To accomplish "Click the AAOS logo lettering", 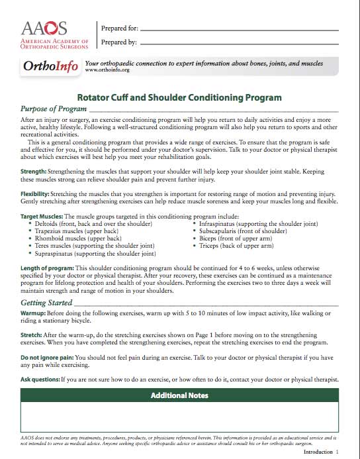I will (44, 28).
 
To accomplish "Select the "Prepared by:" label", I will (118, 42).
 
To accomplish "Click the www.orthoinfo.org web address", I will (107, 70).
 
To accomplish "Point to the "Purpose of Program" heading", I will (54, 108).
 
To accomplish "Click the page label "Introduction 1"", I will (320, 451).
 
